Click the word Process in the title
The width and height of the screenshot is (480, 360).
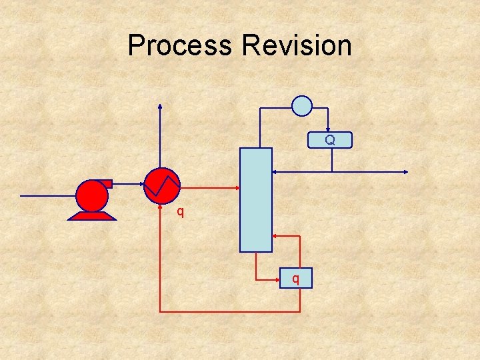pyautogui.click(x=181, y=46)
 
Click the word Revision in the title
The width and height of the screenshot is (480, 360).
pyautogui.click(x=297, y=46)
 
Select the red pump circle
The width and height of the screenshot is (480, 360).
pyautogui.click(x=92, y=196)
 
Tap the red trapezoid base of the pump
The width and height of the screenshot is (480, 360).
pyautogui.click(x=92, y=215)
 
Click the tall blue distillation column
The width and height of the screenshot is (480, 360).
pyautogui.click(x=256, y=199)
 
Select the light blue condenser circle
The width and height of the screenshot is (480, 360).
pyautogui.click(x=302, y=105)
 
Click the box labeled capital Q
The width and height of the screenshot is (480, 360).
pyautogui.click(x=329, y=140)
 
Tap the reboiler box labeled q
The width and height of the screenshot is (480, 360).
pyautogui.click(x=295, y=277)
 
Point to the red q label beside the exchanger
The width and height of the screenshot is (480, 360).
pyautogui.click(x=180, y=213)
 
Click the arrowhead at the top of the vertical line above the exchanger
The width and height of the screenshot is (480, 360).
pyautogui.click(x=160, y=106)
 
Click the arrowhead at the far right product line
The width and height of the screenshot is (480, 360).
pyautogui.click(x=405, y=172)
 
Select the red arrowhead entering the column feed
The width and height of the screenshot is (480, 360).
pyautogui.click(x=236, y=188)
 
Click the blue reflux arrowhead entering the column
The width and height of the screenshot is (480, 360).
pyautogui.click(x=275, y=172)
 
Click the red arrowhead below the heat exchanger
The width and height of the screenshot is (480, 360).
pyautogui.click(x=160, y=206)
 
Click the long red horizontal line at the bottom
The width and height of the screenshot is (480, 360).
pyautogui.click(x=230, y=311)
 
